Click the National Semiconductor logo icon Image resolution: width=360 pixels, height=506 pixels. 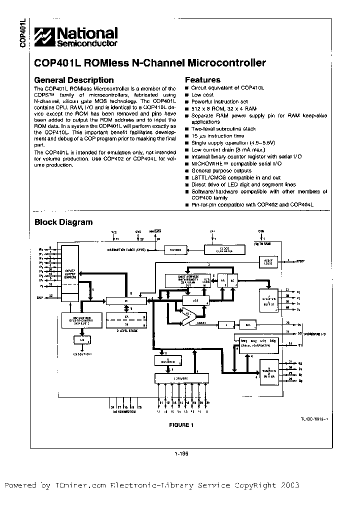45,36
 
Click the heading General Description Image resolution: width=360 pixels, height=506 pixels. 73,80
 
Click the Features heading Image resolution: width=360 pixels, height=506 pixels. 202,80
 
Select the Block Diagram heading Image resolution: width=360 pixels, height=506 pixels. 63,222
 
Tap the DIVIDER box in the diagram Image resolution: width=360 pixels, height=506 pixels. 175,249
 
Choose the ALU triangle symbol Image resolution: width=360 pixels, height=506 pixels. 188,314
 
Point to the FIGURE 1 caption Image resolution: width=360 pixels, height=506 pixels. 180,425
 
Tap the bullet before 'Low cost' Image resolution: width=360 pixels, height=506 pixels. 187,94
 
